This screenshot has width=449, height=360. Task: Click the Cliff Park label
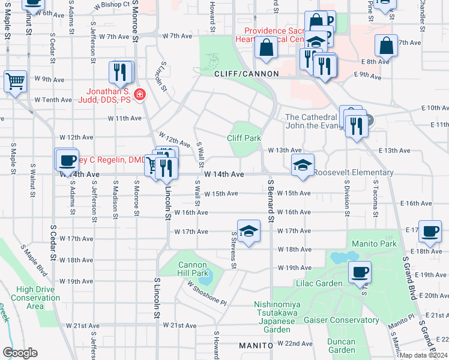[x=244, y=138]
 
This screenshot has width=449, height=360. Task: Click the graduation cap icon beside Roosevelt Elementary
[x=303, y=164]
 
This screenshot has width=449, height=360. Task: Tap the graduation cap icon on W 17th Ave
[x=247, y=231]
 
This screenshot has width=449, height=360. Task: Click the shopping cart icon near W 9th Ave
[x=15, y=80]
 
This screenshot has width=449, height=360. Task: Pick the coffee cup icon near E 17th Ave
[x=430, y=232]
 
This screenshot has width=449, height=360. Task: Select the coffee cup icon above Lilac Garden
[x=360, y=272]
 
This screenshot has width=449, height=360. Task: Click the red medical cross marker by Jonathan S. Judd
[x=140, y=95]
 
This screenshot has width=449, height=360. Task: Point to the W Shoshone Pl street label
[x=206, y=293]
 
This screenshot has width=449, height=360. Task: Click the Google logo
[x=20, y=353]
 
